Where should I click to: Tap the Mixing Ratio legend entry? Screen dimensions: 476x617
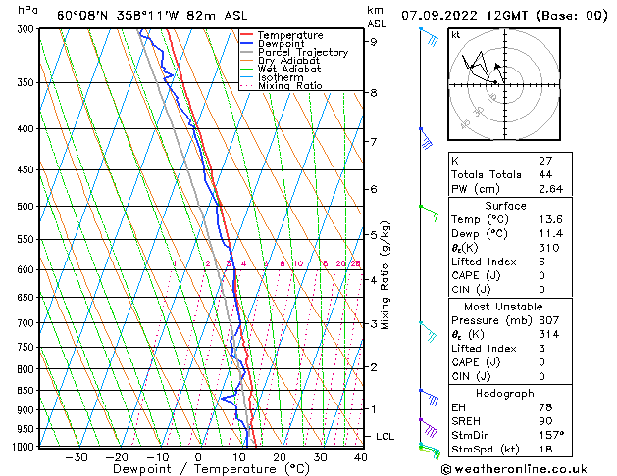coord(289,86)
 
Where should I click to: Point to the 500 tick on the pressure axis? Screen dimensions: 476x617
coord(26,207)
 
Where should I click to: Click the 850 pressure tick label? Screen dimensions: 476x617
coord(26,390)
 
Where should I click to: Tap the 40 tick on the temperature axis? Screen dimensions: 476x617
coord(360,457)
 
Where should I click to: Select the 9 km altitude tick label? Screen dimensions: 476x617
coord(373,42)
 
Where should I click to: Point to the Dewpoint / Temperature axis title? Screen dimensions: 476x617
coord(195,469)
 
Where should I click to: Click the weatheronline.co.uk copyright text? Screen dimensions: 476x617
coord(525,468)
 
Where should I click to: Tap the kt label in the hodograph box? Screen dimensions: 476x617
coord(456,34)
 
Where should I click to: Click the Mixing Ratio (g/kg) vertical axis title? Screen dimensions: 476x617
coord(386,274)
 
